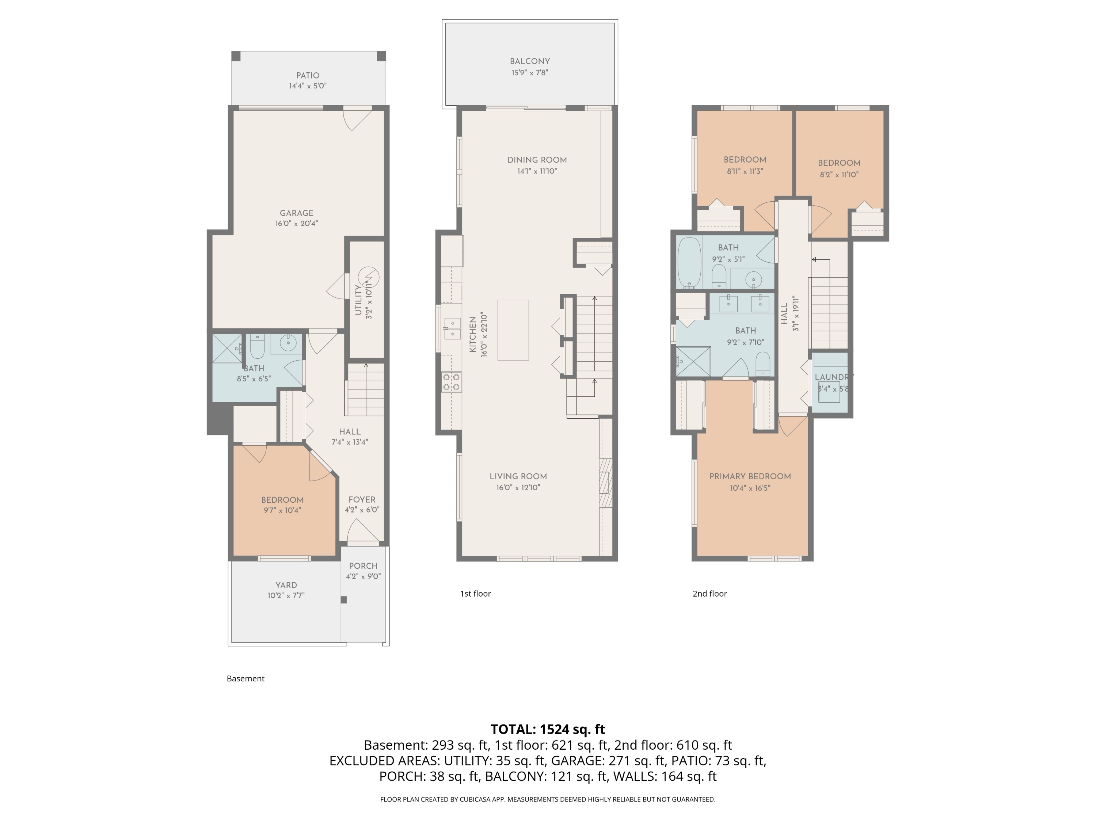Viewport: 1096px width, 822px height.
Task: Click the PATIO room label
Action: pos(307,75)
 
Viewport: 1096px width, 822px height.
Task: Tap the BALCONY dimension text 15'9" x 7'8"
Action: pos(530,73)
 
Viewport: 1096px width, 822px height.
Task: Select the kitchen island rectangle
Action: pos(513,330)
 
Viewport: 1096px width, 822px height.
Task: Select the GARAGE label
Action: pos(296,213)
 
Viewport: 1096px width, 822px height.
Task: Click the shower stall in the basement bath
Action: pos(227,349)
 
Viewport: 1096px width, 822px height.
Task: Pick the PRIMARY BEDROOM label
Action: pos(750,476)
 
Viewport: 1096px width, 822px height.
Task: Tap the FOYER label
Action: pos(362,499)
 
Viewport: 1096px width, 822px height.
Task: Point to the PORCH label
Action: pos(363,566)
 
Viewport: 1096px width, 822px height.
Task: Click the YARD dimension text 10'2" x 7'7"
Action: pos(286,595)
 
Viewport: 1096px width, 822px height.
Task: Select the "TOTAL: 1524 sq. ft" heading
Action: pos(548,729)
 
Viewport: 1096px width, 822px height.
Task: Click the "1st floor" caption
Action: pos(475,594)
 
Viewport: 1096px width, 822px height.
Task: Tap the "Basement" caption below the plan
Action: pos(245,679)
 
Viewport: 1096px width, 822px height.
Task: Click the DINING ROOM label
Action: pos(537,160)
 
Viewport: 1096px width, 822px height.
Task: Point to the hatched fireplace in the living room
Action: pos(605,483)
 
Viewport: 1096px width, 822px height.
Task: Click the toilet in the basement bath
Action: pos(257,346)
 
